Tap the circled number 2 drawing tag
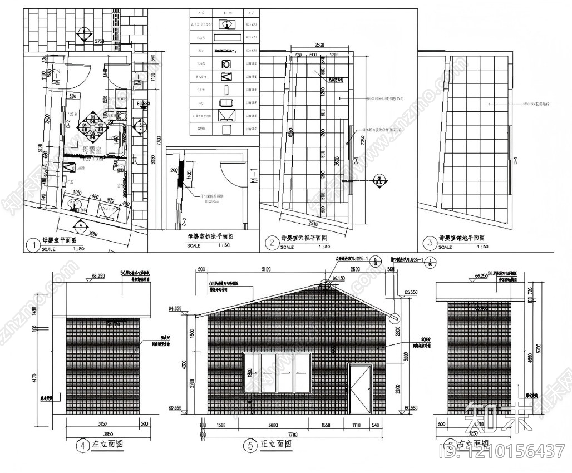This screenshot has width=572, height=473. (x=272, y=243)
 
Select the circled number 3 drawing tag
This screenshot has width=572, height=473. (x=429, y=243)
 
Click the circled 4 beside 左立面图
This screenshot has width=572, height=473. (x=83, y=445)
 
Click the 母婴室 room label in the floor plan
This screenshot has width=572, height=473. (x=91, y=150)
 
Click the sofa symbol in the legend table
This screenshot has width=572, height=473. (x=226, y=102)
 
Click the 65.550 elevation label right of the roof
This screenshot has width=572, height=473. (x=411, y=292)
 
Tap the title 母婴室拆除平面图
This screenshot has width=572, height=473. (x=211, y=236)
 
